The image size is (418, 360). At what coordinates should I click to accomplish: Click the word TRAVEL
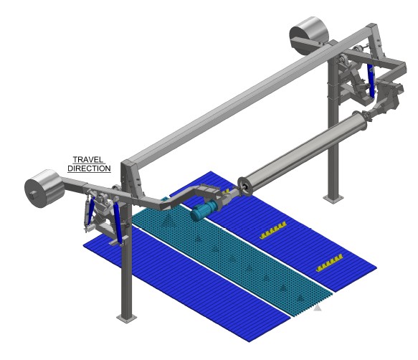pyautogui.click(x=88, y=160)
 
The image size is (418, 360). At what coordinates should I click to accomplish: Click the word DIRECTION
pyautogui.click(x=89, y=169)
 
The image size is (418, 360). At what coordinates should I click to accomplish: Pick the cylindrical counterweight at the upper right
pyautogui.click(x=308, y=36)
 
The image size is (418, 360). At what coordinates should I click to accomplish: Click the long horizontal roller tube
pyautogui.click(x=302, y=154)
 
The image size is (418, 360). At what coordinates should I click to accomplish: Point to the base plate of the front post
pyautogui.click(x=127, y=318)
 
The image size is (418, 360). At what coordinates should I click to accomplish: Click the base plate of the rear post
pyautogui.click(x=333, y=199)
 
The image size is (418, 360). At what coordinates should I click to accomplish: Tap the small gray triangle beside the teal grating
pyautogui.click(x=317, y=308)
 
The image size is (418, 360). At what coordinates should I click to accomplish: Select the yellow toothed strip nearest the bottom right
pyautogui.click(x=330, y=262)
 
